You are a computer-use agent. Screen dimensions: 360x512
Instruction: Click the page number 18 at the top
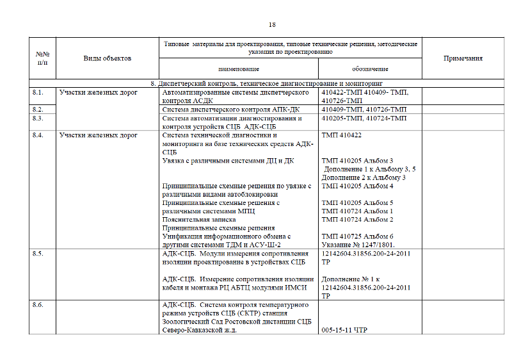tap(272, 24)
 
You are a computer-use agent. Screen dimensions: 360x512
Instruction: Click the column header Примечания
tap(463, 58)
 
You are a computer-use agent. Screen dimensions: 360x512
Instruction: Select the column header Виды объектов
tap(108, 58)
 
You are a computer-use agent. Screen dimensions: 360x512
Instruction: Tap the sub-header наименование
tap(238, 69)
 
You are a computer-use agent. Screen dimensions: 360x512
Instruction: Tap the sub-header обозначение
tap(370, 69)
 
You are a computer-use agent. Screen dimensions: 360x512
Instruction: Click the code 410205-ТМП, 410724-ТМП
tap(364, 119)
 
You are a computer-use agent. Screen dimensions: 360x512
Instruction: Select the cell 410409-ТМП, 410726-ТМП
tap(364, 110)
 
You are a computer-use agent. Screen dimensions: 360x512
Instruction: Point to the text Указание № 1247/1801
tap(358, 244)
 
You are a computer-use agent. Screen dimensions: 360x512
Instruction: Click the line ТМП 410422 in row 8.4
tap(342, 135)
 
